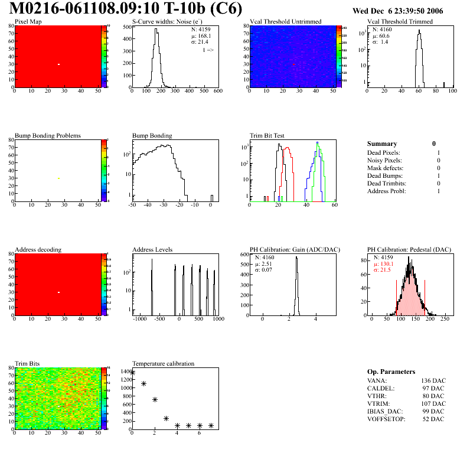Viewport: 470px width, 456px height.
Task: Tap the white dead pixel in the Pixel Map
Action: coord(59,64)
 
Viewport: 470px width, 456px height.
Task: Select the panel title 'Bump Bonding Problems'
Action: coord(48,135)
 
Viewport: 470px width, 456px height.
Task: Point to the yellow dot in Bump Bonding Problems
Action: coord(59,178)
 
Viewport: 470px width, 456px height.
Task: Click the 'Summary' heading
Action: coord(382,144)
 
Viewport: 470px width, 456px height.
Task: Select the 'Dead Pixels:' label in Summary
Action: coord(384,153)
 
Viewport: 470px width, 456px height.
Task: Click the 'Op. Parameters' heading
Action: coord(391,372)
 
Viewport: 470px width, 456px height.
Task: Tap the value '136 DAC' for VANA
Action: coord(433,380)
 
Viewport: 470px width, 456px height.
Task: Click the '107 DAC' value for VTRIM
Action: coord(433,403)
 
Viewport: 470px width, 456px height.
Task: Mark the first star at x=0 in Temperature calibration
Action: coord(133,373)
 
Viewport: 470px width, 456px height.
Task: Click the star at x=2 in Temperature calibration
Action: coord(155,400)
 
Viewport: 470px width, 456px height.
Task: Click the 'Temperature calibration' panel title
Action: coord(164,363)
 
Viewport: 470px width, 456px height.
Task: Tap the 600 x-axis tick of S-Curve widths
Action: coord(217,92)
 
